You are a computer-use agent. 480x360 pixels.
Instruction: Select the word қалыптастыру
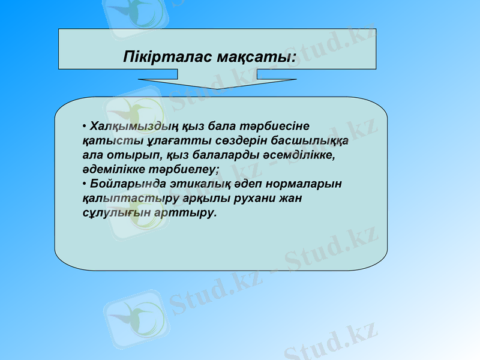click(124, 198)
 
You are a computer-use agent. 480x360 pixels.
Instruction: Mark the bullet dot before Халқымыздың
click(85, 126)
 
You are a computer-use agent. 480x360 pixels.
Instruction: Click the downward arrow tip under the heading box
click(217, 88)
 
